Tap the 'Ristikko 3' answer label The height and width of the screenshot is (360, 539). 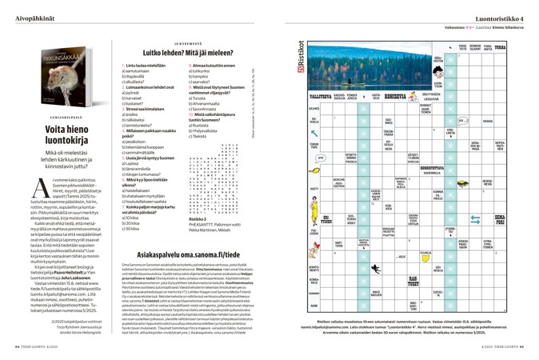(186, 195)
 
